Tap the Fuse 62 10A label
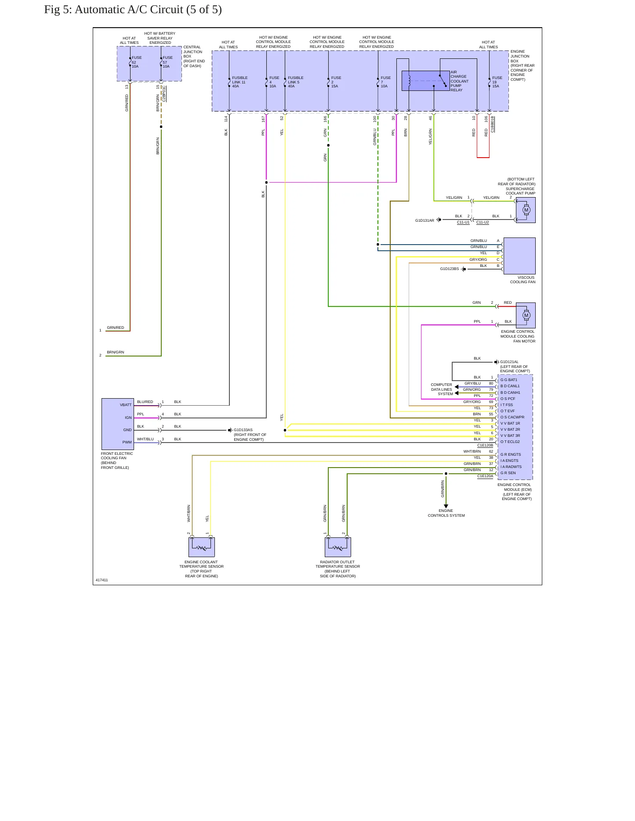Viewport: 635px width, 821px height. click(137, 62)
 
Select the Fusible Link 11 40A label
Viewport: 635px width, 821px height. click(240, 82)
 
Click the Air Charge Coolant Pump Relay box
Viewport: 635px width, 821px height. click(425, 81)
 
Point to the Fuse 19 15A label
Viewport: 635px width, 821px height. click(497, 82)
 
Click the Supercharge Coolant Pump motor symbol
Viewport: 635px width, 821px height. click(526, 210)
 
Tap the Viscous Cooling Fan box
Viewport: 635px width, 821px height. click(519, 256)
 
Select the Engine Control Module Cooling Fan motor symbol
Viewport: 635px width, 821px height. click(526, 315)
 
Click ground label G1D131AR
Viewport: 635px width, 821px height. click(425, 220)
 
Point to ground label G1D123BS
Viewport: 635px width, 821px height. click(450, 269)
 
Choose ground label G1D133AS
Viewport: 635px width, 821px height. click(243, 430)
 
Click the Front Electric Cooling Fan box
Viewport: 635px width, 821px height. click(118, 424)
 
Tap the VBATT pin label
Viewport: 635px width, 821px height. click(126, 405)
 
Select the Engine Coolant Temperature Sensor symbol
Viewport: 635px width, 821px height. click(202, 547)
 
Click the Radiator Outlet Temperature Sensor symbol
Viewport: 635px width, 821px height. click(338, 547)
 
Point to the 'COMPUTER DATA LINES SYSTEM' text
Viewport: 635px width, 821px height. click(442, 389)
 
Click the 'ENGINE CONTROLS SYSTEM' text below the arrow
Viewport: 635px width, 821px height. click(446, 513)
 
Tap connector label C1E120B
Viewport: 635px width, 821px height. click(485, 445)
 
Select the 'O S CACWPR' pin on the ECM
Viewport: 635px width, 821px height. click(512, 417)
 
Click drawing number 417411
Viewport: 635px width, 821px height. click(102, 580)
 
